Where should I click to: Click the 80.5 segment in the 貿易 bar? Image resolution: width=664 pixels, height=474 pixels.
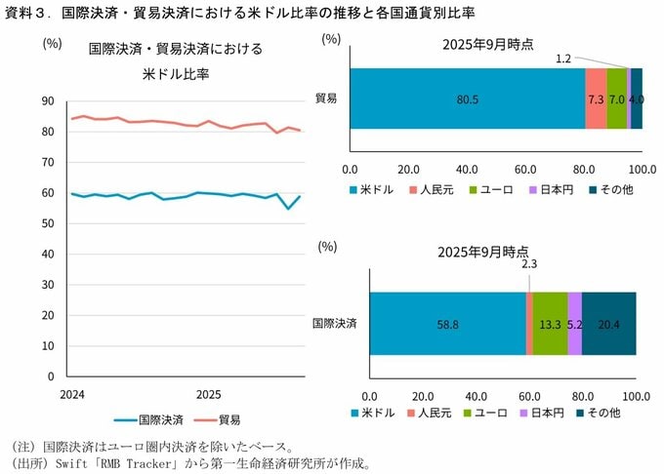point(468,99)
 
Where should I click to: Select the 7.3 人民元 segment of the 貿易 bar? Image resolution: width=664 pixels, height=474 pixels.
point(596,99)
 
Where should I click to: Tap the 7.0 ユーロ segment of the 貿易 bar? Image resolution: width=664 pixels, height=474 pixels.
point(616,99)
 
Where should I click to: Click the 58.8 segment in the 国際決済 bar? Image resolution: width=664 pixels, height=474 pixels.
point(447,324)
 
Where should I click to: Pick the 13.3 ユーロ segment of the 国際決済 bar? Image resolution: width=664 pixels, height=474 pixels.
point(550,324)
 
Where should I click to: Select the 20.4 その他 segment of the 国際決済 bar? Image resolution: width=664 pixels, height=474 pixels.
point(609,324)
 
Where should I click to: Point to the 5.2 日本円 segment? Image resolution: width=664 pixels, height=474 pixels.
point(575,324)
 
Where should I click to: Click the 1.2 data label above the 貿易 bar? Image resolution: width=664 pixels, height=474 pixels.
point(563,59)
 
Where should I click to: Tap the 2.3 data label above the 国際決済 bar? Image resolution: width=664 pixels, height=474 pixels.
point(529,264)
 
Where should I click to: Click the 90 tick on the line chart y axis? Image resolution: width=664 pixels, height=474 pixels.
point(48,101)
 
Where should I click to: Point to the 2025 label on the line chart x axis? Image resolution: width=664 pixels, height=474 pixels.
point(209,395)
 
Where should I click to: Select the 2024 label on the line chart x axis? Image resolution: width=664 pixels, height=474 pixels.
point(71,395)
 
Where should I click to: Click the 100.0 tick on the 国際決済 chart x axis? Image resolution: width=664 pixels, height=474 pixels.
point(636,396)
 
